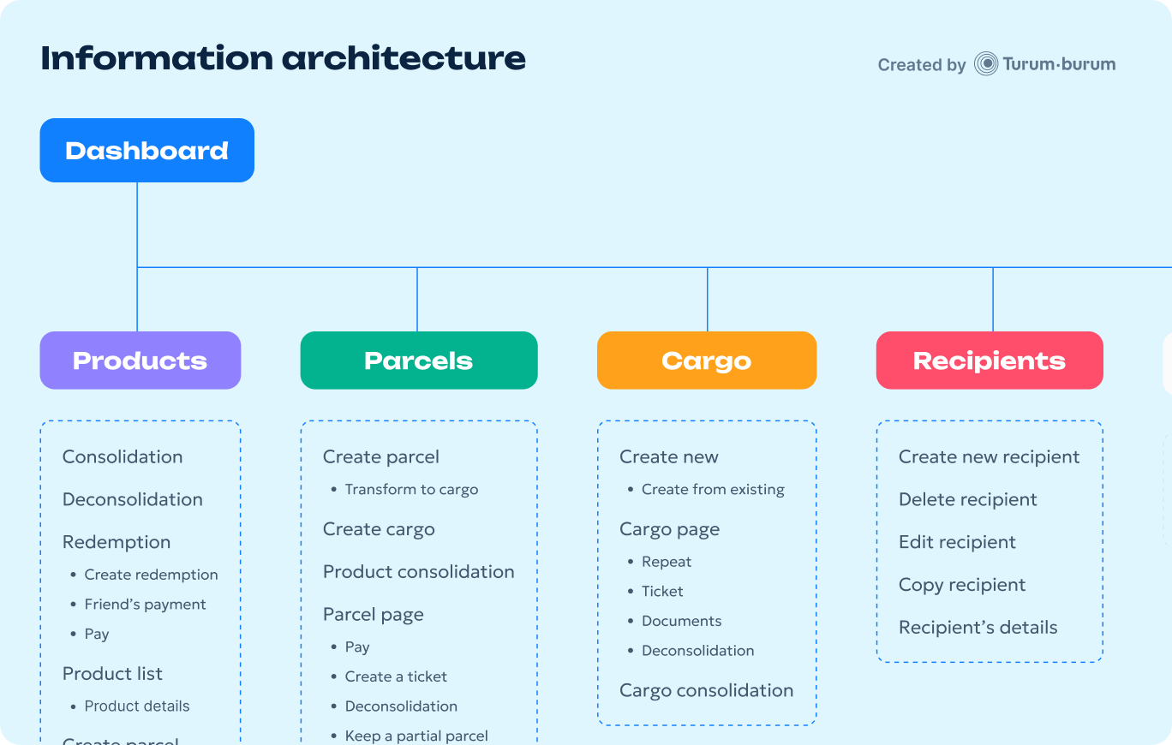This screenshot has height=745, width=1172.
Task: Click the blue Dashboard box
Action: pyautogui.click(x=146, y=151)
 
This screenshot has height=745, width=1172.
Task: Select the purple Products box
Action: pyautogui.click(x=140, y=361)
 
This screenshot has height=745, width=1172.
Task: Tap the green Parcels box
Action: pyautogui.click(x=418, y=361)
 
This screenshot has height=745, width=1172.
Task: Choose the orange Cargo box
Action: pyautogui.click(x=706, y=361)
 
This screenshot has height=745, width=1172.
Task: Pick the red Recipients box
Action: pyautogui.click(x=989, y=361)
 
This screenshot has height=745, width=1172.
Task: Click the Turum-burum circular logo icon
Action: pyautogui.click(x=986, y=64)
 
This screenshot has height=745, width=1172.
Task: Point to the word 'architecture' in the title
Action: pyautogui.click(x=404, y=58)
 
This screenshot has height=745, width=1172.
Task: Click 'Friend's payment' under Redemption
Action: pyautogui.click(x=145, y=605)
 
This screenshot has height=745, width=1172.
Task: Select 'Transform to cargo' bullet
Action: pyautogui.click(x=411, y=490)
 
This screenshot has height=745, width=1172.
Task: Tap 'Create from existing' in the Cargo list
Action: pyautogui.click(x=713, y=490)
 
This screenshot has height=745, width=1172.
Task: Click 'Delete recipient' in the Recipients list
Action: pyautogui.click(x=967, y=499)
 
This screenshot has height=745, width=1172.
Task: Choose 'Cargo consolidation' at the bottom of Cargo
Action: pyautogui.click(x=706, y=690)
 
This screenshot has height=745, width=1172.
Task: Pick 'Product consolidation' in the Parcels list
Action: pyautogui.click(x=418, y=572)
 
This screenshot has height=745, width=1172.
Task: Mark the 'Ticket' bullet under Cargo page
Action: pyautogui.click(x=662, y=592)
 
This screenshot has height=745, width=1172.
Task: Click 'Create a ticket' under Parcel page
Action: pyautogui.click(x=396, y=676)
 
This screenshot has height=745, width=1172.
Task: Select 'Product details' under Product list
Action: pyautogui.click(x=137, y=706)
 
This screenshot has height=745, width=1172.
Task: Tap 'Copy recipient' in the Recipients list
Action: pyautogui.click(x=961, y=585)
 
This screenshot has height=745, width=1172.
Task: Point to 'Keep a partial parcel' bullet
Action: pyautogui.click(x=416, y=736)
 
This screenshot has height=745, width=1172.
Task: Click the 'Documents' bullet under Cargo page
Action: pyautogui.click(x=681, y=621)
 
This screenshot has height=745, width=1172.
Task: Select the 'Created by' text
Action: pyautogui.click(x=921, y=65)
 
